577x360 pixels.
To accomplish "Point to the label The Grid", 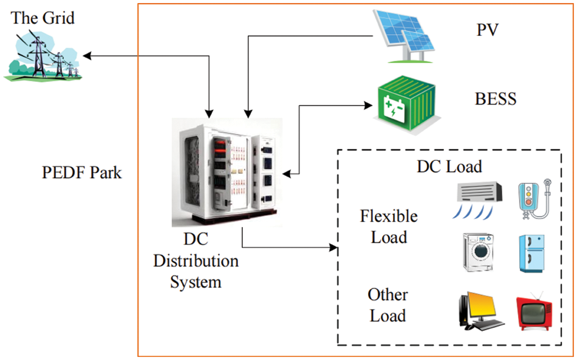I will pyautogui.click(x=43, y=18).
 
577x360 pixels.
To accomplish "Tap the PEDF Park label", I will pyautogui.click(x=82, y=172).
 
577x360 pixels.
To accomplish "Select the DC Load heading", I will pyautogui.click(x=449, y=166).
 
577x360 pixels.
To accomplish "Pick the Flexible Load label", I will pyautogui.click(x=389, y=226).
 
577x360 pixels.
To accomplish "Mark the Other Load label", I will pyautogui.click(x=388, y=305).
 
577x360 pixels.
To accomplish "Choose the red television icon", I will pyautogui.click(x=533, y=312).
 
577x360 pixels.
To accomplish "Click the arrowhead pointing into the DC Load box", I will pyautogui.click(x=333, y=248).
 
